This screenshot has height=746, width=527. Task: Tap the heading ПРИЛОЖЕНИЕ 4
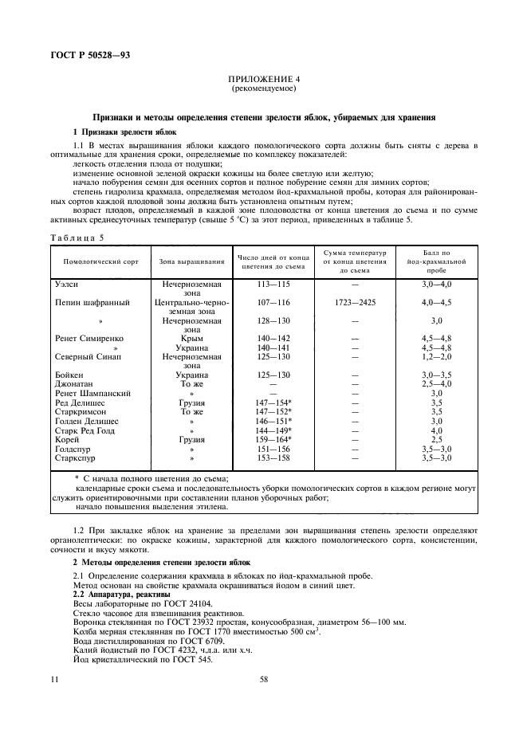[263, 80]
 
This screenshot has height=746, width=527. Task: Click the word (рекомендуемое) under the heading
[263, 90]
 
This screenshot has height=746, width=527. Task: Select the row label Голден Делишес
[87, 420]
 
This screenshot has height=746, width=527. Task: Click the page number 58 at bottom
[263, 680]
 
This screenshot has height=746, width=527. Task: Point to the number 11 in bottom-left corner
[54, 680]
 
